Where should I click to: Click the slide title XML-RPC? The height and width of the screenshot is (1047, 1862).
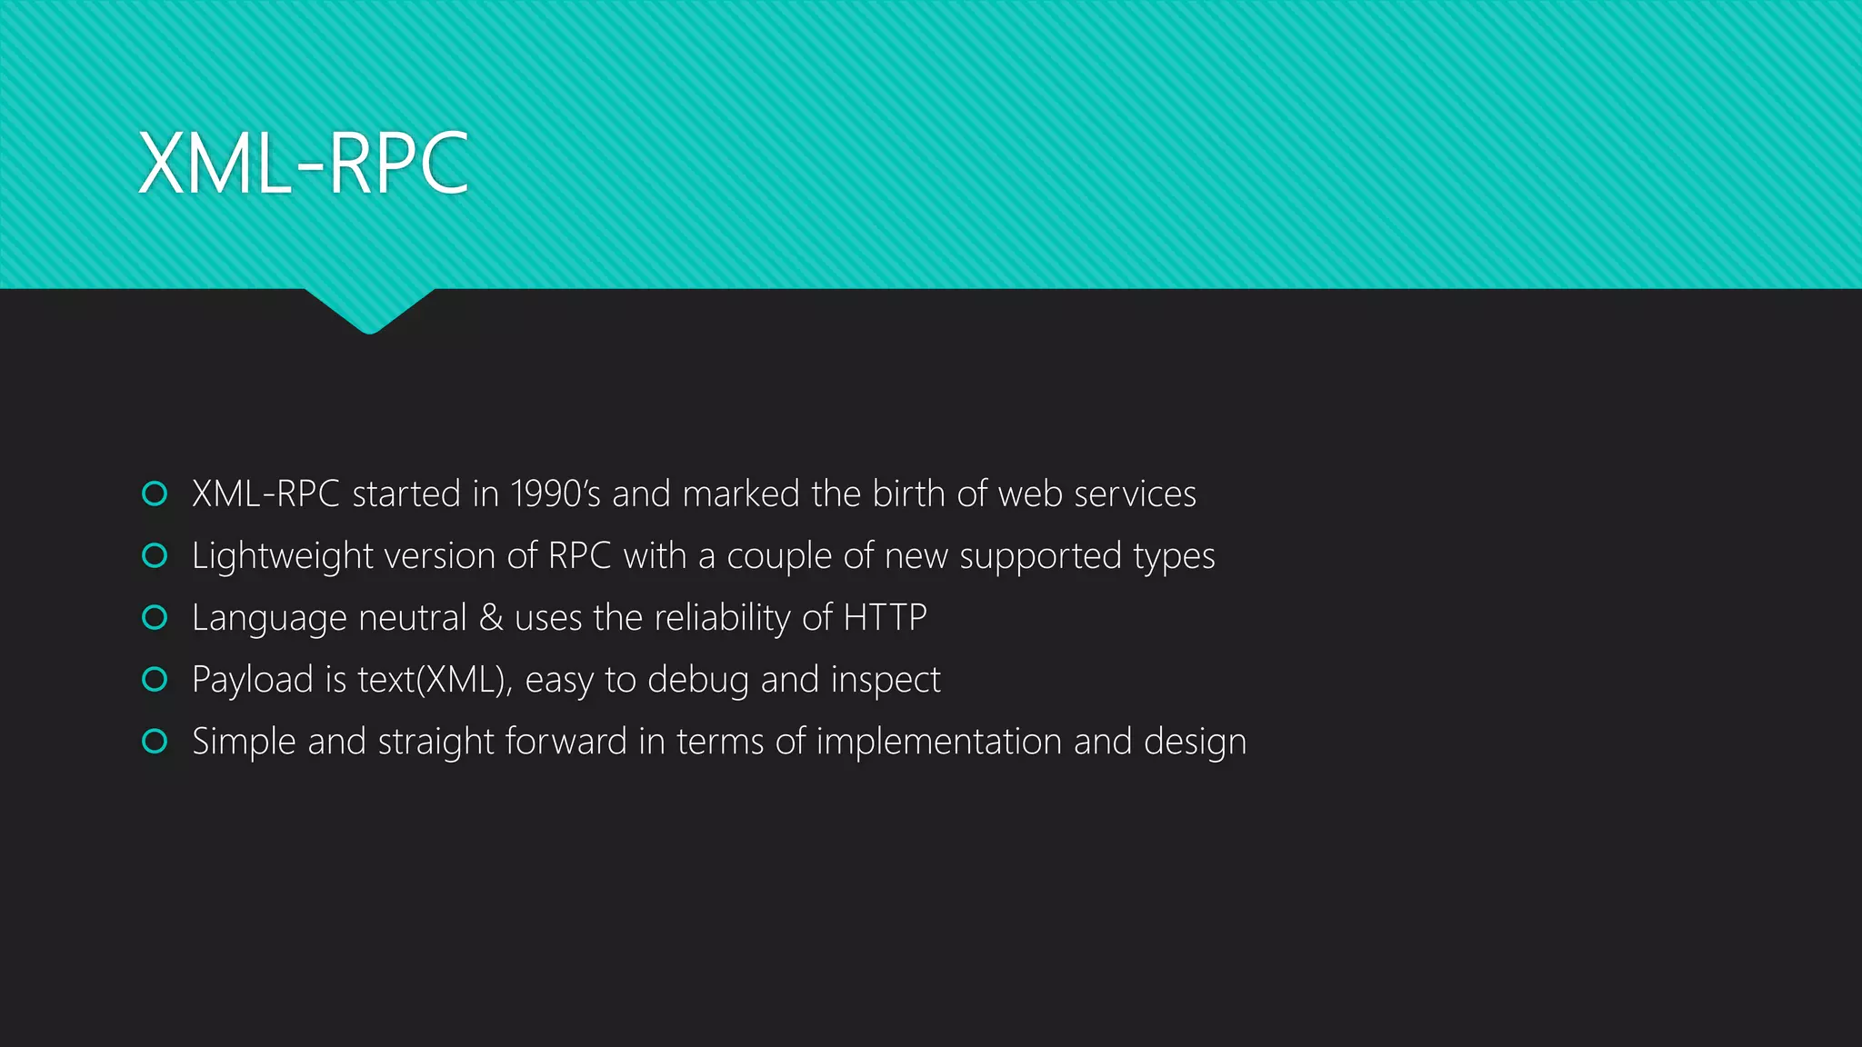[x=303, y=164]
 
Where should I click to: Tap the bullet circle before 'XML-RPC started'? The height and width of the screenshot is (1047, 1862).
[x=155, y=494]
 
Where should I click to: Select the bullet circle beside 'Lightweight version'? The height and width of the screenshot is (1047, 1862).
[x=155, y=555]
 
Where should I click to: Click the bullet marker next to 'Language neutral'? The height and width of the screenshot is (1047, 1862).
[x=155, y=617]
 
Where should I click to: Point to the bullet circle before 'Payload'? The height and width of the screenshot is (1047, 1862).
[x=155, y=679]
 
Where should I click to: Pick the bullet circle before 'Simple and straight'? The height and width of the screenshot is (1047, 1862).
[x=155, y=741]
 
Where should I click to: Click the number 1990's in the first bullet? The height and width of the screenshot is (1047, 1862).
[x=556, y=494]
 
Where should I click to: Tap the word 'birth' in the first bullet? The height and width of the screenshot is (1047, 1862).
[x=908, y=494]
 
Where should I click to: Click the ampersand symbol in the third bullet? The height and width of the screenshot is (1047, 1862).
[x=491, y=618]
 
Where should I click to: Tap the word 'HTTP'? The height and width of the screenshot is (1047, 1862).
[x=885, y=618]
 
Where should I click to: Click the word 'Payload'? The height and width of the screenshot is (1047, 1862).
[x=252, y=680]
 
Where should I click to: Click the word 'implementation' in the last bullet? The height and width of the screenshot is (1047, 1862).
[x=938, y=742]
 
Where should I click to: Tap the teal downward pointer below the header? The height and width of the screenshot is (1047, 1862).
[x=369, y=311]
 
